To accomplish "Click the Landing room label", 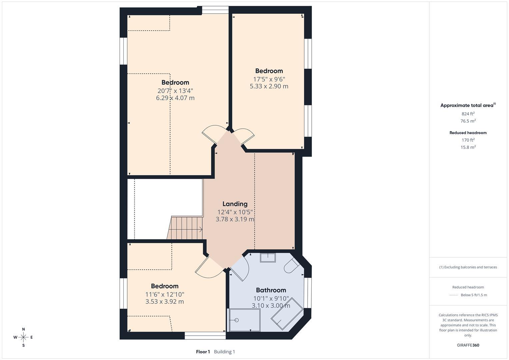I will (235, 204).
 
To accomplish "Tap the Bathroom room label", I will (271, 290).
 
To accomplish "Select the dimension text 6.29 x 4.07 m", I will (175, 98).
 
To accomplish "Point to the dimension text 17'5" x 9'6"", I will (269, 79).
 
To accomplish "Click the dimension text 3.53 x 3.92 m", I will (164, 302).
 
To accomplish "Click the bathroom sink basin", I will (268, 258).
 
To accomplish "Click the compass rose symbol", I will (23, 337).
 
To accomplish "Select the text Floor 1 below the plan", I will (203, 352).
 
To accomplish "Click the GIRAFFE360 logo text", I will (468, 345).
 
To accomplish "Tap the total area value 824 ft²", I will (468, 114).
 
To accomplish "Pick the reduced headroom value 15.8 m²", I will (468, 147).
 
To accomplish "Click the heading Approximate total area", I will (467, 105).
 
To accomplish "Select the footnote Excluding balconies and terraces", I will (468, 267).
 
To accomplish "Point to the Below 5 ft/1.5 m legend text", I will (473, 295).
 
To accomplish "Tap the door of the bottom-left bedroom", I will (208, 268).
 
